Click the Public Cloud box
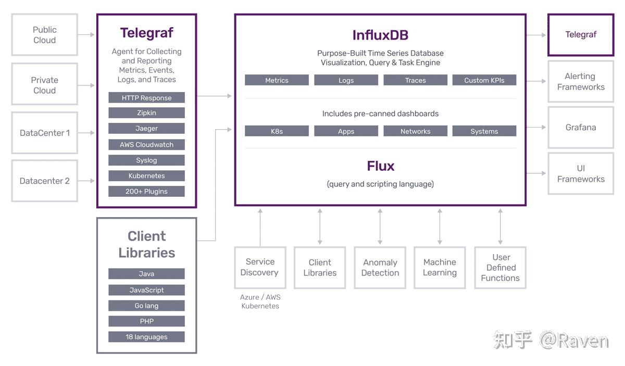45,34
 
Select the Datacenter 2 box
45,181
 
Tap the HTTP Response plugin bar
146,98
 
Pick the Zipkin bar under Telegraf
146,112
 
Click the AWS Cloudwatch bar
146,145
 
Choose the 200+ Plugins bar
146,192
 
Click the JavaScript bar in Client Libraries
146,290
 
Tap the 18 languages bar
146,337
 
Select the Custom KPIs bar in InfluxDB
484,80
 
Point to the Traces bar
416,80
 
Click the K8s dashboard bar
277,131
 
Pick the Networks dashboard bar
416,131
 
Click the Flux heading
381,166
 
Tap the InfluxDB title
380,35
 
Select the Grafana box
581,128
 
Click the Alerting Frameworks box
581,81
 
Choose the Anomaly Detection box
380,268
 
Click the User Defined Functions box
501,268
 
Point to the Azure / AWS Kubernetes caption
260,301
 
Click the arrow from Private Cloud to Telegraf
86,85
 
